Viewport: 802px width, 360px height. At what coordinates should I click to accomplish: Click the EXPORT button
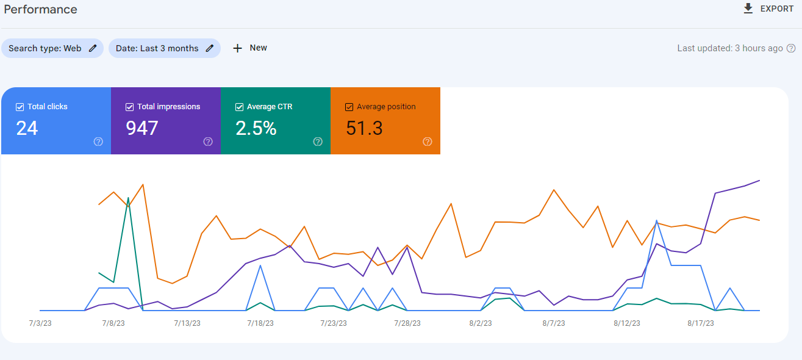[768, 9]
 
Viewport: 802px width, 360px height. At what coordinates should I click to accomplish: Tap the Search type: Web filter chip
[52, 48]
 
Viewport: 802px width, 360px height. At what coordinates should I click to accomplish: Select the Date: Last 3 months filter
[164, 48]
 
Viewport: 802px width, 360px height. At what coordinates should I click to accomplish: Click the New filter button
[250, 48]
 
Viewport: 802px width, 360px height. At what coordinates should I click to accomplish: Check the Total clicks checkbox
[20, 107]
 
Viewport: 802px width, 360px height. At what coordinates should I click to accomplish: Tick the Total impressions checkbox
[130, 107]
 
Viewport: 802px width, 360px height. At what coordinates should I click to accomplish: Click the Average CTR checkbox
[239, 107]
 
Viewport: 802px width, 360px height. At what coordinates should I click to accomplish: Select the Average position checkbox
[349, 107]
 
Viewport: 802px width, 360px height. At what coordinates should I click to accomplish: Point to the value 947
[141, 128]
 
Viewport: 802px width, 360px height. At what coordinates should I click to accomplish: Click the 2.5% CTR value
[256, 128]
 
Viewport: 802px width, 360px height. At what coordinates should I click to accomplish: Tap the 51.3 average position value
[364, 128]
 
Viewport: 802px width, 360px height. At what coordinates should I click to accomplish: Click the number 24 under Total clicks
[27, 128]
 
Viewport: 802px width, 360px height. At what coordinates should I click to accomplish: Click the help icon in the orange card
[428, 142]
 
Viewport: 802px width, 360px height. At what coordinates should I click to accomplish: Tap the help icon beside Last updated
[791, 48]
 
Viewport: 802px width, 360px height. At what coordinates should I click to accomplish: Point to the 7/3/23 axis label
[40, 323]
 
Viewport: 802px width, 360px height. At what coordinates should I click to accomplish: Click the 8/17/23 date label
[701, 323]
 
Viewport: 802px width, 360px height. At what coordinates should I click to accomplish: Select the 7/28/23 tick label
[407, 323]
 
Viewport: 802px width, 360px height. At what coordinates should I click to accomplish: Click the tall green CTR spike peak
[128, 198]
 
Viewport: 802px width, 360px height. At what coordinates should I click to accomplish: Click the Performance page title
[40, 9]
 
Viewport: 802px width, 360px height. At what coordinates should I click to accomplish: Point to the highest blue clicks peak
[657, 221]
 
